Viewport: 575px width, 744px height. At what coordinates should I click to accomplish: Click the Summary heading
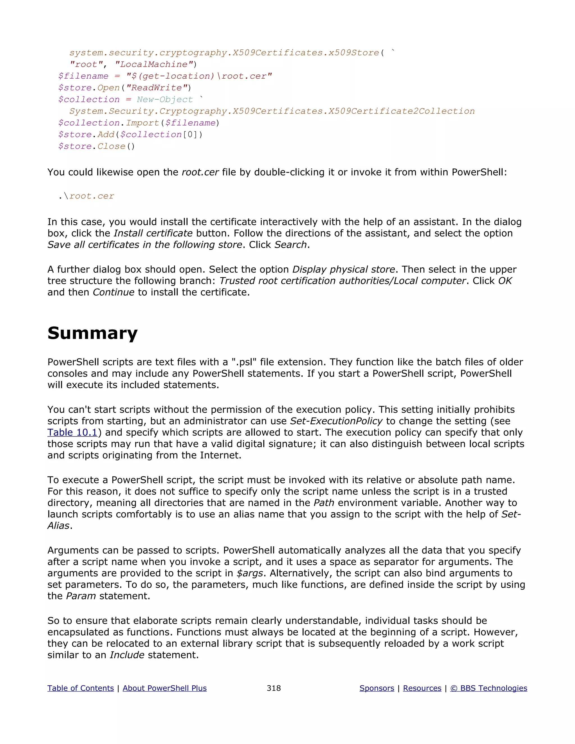click(x=92, y=333)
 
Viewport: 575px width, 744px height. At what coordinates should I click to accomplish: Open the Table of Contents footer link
click(x=80, y=688)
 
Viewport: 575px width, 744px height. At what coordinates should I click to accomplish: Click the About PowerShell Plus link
click(x=165, y=688)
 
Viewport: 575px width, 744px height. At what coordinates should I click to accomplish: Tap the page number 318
click(x=273, y=688)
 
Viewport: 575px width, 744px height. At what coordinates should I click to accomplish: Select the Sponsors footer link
click(x=377, y=688)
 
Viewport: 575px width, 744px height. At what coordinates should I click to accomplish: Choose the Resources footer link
click(x=422, y=688)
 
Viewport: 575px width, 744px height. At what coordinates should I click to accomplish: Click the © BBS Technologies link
click(x=489, y=688)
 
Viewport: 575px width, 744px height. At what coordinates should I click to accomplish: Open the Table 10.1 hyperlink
click(x=72, y=432)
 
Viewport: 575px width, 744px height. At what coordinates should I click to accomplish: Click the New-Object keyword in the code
click(x=165, y=99)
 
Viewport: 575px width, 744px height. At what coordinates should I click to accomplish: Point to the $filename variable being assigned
click(x=83, y=76)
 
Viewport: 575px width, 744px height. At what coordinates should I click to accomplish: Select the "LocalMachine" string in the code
click(x=154, y=64)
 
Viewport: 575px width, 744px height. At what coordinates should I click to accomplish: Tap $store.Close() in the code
click(x=96, y=147)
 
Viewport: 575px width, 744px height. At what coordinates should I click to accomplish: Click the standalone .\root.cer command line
click(x=86, y=196)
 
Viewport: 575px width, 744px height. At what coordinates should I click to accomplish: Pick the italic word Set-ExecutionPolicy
click(x=336, y=421)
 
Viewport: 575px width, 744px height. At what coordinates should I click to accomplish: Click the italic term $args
click(x=250, y=573)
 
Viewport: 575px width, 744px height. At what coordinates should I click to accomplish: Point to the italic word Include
click(x=127, y=655)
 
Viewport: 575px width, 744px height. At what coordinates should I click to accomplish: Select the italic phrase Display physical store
click(x=343, y=270)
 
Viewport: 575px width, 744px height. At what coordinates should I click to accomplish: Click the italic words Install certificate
click(x=153, y=233)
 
